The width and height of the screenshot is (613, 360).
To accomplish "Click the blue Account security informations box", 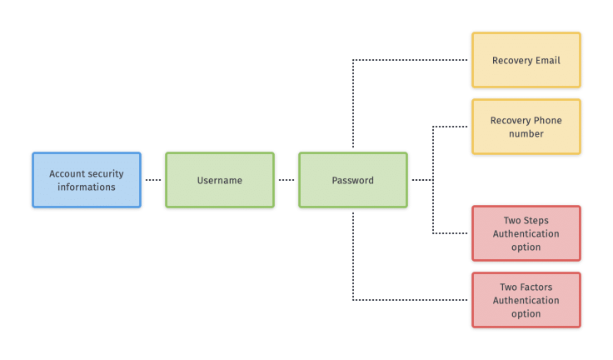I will point(87,180).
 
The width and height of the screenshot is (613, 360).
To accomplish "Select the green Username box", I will point(220,180).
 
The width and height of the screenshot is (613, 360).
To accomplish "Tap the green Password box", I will point(353,180).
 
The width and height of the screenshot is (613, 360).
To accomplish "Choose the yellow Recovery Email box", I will point(526,60).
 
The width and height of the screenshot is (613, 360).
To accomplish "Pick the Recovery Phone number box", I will point(526,127).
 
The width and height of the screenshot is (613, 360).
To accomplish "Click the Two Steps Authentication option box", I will point(526,233).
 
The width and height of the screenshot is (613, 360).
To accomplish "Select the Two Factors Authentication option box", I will point(526,300).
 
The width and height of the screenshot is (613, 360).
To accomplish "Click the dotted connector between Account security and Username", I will point(152,180).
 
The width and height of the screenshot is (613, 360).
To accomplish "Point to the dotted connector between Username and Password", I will point(286,180).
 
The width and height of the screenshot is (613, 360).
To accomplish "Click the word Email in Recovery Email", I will point(546,60).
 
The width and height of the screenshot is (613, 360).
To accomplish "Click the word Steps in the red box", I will point(537,220).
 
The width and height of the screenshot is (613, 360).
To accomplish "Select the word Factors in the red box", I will point(538,287).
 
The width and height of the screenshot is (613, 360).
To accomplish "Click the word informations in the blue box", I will point(87,187).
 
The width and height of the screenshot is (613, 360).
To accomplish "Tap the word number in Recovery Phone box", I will point(526,133).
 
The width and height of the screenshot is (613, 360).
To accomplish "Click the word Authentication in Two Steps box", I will point(526,233).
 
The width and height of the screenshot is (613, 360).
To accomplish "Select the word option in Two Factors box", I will point(526,313).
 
